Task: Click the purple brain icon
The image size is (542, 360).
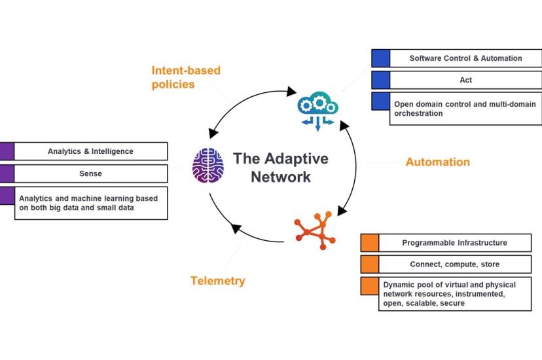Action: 208,165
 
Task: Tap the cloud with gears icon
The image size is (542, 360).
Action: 318,111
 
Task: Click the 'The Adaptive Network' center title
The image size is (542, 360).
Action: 281,168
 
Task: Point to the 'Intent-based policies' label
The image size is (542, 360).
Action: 186,77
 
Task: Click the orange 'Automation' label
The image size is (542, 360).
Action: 438,162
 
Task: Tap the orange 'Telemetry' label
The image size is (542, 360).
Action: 218,281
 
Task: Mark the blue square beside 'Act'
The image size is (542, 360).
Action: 380,80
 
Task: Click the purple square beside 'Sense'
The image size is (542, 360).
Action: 7,173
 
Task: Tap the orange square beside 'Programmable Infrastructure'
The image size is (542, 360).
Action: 370,243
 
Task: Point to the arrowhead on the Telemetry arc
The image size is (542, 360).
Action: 236,228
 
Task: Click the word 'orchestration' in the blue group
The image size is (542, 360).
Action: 418,113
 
